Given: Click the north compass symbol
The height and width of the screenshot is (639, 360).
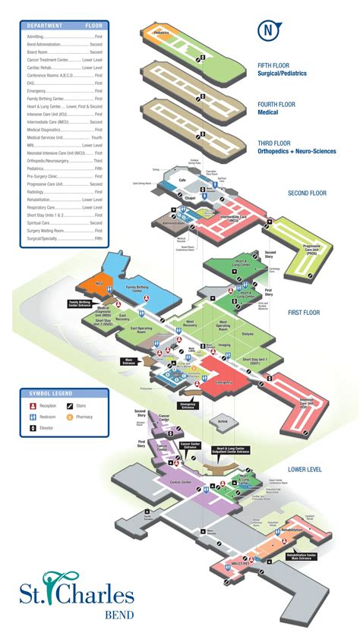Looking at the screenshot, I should pyautogui.click(x=267, y=31).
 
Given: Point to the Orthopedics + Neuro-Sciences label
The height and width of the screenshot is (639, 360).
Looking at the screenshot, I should pyautogui.click(x=298, y=151).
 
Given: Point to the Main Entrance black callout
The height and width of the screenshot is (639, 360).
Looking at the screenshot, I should pyautogui.click(x=132, y=363).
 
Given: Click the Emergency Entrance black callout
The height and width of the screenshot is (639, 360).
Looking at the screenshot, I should pyautogui.click(x=189, y=405).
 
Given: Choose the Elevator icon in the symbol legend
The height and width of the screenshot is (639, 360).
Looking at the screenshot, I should pyautogui.click(x=33, y=430).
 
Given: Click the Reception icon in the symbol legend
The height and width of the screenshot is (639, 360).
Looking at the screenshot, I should pyautogui.click(x=33, y=405).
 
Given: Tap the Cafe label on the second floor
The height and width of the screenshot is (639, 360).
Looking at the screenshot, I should pyautogui.click(x=182, y=179).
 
